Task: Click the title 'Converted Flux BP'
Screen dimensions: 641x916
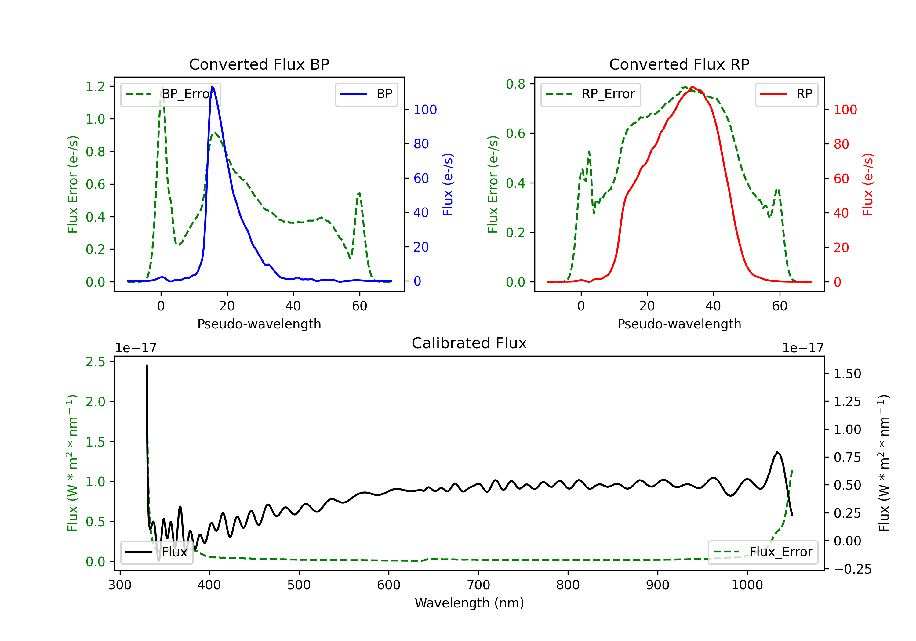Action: [259, 64]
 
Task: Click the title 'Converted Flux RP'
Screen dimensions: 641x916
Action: [679, 64]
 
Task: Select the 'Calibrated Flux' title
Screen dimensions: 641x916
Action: [469, 343]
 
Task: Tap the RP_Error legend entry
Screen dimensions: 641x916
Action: [591, 94]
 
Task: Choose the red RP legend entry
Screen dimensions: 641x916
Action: [786, 94]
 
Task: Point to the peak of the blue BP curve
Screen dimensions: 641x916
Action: [212, 87]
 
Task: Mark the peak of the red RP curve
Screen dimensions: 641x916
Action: [692, 87]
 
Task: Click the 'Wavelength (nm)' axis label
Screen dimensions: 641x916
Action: [469, 603]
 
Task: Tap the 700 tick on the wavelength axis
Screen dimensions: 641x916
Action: [478, 585]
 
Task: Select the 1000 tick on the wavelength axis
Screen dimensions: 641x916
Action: [747, 585]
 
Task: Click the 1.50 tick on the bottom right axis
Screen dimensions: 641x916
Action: [847, 374]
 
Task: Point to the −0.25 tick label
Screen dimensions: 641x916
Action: [852, 569]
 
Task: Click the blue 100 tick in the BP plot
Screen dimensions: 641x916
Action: [425, 110]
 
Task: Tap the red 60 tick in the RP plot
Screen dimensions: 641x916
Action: [841, 179]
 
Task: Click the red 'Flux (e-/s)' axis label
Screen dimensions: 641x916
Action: [868, 184]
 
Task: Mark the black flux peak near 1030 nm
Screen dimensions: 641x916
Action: [777, 452]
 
